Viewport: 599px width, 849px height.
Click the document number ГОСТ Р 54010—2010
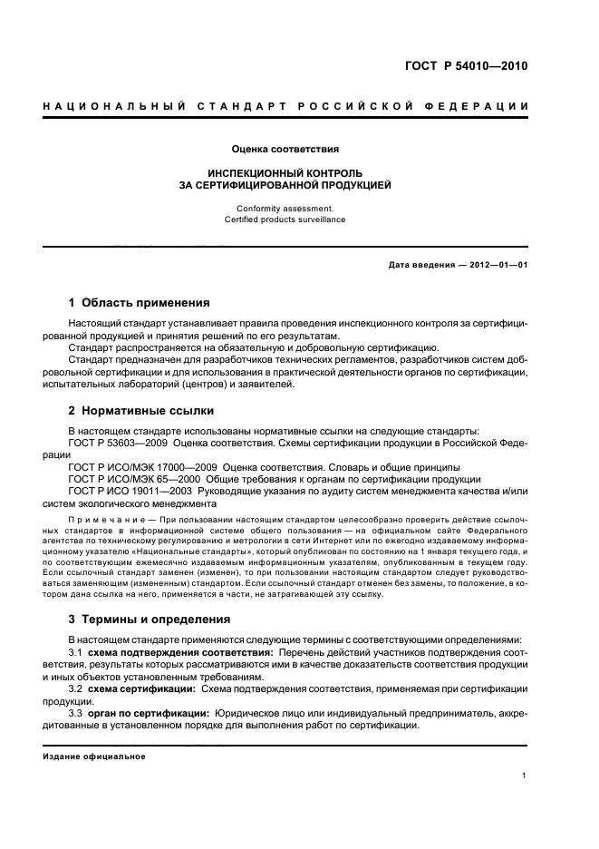(x=466, y=66)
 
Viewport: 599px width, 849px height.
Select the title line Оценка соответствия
(x=285, y=148)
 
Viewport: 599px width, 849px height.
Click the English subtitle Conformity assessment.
(x=285, y=208)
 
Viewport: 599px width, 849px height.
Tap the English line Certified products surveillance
(x=285, y=220)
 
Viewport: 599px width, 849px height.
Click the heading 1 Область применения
(x=140, y=303)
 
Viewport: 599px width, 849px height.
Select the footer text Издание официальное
(x=94, y=756)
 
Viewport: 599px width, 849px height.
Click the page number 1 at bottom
(x=525, y=776)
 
